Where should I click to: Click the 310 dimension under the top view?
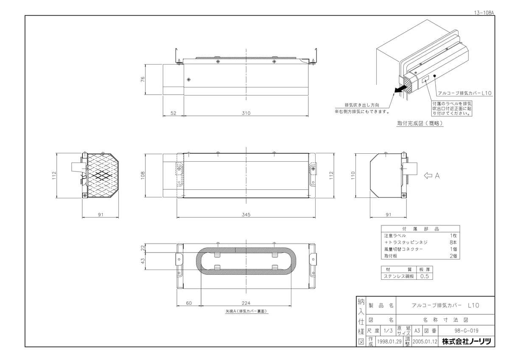[x=246, y=113]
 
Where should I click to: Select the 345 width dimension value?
[x=246, y=215]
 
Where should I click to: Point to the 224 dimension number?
[x=246, y=303]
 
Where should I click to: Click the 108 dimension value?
[x=143, y=174]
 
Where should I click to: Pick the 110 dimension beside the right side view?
[x=352, y=175]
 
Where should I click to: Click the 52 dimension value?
[x=173, y=113]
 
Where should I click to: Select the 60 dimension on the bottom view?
[x=189, y=303]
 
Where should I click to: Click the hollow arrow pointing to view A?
[x=428, y=175]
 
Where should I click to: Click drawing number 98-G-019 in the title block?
[x=467, y=331]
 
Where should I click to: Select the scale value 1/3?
[x=388, y=331]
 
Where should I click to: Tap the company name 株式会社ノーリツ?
[x=466, y=341]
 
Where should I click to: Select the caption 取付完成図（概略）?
[x=420, y=124]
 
